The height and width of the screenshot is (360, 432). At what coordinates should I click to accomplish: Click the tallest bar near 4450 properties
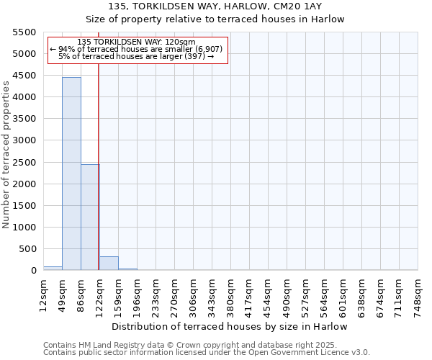point(71,174)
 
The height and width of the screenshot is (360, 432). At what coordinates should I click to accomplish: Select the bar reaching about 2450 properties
point(90,217)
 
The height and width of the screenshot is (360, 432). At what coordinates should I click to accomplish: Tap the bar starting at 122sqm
point(109,263)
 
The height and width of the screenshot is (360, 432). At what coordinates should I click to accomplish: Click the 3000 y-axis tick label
point(25,140)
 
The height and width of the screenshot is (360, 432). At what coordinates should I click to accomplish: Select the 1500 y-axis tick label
point(25,206)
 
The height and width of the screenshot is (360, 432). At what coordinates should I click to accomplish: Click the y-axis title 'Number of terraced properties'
point(6,155)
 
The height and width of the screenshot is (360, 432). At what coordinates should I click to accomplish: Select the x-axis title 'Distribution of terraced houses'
point(230,326)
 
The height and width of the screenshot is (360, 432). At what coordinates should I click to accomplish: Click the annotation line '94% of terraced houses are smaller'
point(137,49)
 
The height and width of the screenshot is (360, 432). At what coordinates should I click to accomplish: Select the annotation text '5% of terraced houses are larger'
point(137,56)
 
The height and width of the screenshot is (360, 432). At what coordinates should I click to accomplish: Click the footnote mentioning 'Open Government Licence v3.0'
point(207,352)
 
